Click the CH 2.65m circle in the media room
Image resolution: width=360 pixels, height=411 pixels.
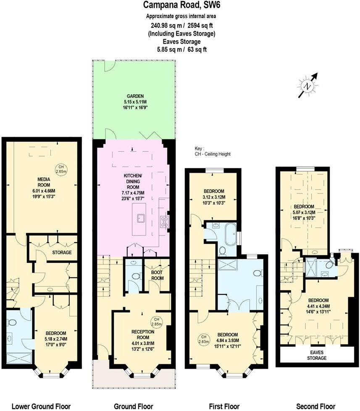coord(62,170)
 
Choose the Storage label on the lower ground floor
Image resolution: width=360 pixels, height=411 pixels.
coord(62,253)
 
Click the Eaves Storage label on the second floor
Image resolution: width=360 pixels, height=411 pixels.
coord(316,355)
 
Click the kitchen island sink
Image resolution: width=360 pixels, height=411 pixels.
coord(140,218)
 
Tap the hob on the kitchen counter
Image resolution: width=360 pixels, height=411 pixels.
coord(164,221)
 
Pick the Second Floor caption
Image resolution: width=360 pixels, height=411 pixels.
coord(316,406)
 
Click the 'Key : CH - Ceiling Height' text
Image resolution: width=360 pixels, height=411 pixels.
coord(213,152)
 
